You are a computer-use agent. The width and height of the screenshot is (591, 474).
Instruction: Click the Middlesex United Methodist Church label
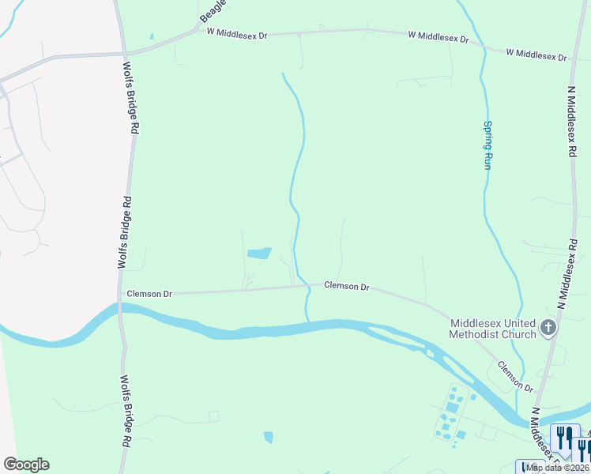coord(493,329)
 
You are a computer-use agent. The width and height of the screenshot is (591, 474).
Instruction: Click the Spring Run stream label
coord(487,145)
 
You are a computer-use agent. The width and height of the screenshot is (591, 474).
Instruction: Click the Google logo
coord(26,465)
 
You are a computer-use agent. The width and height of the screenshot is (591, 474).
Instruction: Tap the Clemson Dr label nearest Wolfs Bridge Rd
coord(149,294)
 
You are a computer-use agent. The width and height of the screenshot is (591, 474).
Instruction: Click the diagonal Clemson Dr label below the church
coord(515,377)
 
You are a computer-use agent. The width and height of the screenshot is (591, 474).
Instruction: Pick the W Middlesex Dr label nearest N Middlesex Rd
coord(536,55)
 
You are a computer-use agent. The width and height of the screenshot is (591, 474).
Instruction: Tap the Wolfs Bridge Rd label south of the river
coord(126,411)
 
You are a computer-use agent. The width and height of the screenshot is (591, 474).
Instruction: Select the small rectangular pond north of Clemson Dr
coord(259,254)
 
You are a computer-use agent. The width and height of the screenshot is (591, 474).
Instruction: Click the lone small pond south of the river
coord(268,437)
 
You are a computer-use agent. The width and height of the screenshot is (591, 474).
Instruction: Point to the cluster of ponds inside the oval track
coord(450,412)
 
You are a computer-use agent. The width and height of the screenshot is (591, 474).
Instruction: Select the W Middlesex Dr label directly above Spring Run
coord(439,37)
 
